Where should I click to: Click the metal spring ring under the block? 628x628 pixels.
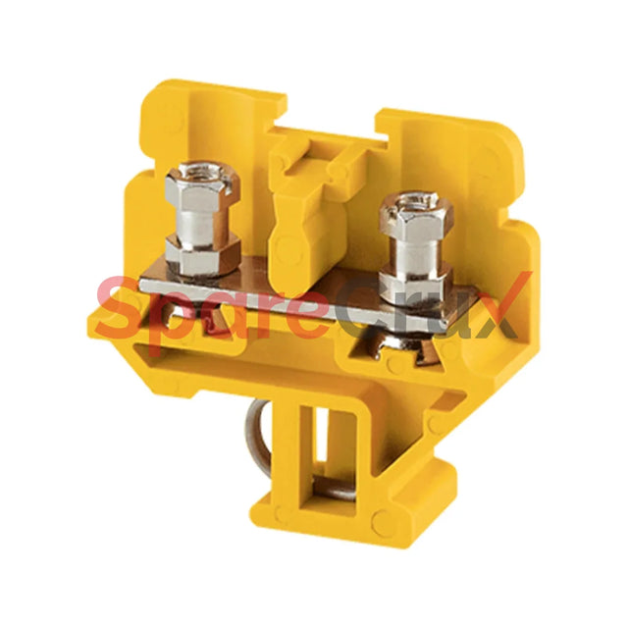(x=257, y=437)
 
